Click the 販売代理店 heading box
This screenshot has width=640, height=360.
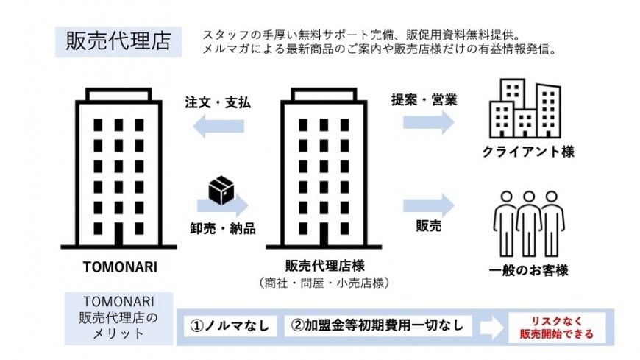tap(118, 42)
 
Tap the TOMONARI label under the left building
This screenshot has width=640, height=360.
tap(120, 267)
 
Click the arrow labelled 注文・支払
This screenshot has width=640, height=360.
tap(218, 126)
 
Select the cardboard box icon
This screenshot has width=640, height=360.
tap(221, 190)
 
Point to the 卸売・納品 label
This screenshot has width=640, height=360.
tap(223, 228)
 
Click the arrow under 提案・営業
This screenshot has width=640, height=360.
tap(429, 122)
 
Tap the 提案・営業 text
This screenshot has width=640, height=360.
tap(424, 100)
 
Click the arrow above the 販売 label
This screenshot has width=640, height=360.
tap(429, 205)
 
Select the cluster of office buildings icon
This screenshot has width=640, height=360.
tap(525, 108)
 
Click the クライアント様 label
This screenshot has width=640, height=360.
tap(528, 152)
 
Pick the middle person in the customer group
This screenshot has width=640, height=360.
tap(529, 224)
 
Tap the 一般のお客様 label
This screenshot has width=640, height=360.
tap(529, 270)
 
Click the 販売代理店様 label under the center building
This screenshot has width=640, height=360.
tap(325, 266)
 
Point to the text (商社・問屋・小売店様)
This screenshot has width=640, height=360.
tap(324, 283)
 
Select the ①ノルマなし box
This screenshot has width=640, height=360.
tap(230, 325)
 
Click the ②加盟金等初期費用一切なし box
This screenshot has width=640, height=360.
tap(378, 325)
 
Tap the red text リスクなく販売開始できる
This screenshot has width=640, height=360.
tap(557, 328)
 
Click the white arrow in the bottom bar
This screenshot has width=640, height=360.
tap(491, 327)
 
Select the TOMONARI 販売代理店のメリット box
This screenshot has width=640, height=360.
tap(118, 318)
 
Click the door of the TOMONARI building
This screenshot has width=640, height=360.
tap(118, 234)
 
